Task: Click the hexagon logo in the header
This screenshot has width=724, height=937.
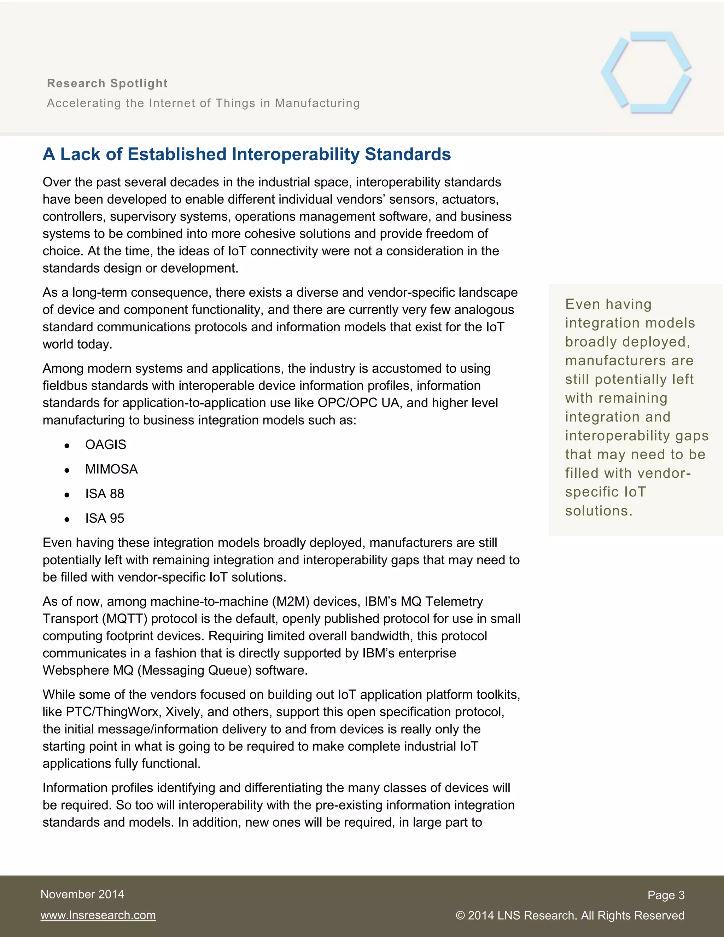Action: (646, 72)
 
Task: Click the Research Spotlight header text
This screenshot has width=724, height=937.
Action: (107, 83)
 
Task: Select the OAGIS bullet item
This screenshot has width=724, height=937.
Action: (105, 444)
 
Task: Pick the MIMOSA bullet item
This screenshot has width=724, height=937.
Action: (111, 469)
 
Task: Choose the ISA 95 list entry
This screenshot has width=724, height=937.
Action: (105, 518)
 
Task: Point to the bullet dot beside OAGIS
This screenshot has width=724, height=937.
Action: (67, 446)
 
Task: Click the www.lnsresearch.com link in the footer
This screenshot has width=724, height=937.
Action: (98, 915)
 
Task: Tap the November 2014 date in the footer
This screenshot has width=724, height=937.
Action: (82, 894)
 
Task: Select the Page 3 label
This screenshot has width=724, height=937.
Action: (666, 895)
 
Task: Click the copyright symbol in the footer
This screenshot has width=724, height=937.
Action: (460, 915)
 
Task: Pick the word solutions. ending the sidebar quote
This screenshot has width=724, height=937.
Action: (599, 511)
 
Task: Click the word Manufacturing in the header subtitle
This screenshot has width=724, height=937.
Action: (317, 103)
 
